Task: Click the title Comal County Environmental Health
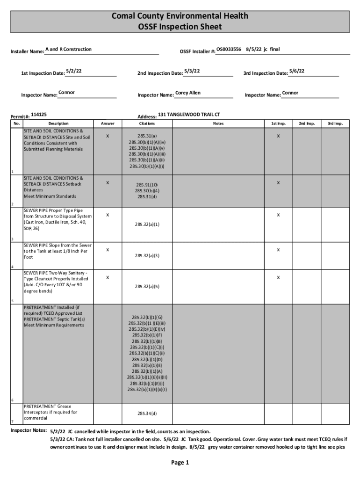[180, 16]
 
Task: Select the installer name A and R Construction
[68, 50]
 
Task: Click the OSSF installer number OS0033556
[229, 49]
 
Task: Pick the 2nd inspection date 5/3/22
[192, 71]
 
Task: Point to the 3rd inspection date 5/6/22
[297, 71]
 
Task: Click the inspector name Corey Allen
[188, 93]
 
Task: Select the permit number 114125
[39, 114]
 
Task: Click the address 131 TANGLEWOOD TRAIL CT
[189, 114]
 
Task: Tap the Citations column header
[147, 123]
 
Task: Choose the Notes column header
[218, 123]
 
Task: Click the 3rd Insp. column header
[335, 123]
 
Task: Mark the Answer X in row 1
[108, 136]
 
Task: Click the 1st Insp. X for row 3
[278, 215]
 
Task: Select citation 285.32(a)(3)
[147, 255]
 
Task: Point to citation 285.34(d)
[147, 414]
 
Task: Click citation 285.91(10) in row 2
[147, 185]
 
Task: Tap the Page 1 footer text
[180, 463]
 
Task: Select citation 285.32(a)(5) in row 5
[147, 286]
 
